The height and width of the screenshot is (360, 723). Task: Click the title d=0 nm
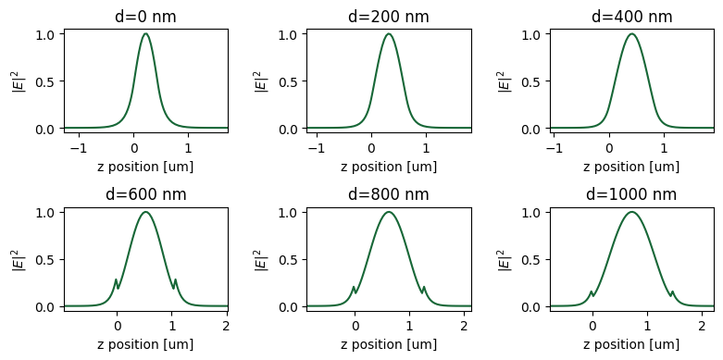tap(145, 17)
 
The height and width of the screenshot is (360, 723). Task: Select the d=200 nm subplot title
tap(388, 17)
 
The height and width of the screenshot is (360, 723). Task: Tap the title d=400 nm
tap(631, 17)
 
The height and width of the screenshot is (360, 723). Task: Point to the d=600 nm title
tap(145, 194)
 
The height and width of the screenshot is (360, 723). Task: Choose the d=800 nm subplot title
tap(388, 194)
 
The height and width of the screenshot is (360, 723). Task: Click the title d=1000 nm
tap(631, 194)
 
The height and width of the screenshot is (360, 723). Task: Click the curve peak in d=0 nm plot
tap(145, 34)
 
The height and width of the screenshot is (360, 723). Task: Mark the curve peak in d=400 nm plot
tap(631, 34)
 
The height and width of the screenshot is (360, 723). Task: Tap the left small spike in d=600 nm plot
tap(116, 279)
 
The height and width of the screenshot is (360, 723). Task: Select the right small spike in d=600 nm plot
tap(175, 279)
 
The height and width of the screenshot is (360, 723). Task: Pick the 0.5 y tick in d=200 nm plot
tap(289, 81)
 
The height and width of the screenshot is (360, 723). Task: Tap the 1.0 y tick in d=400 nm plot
tap(532, 34)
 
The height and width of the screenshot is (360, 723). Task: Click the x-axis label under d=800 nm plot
tap(388, 344)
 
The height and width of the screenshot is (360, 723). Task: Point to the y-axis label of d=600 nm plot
tap(16, 259)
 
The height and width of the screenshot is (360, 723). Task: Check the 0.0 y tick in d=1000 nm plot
tap(532, 306)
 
